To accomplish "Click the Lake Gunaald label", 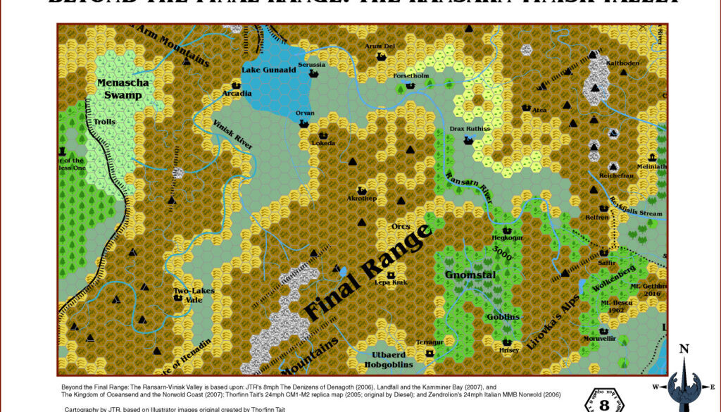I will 269,70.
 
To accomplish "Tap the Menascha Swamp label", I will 123,89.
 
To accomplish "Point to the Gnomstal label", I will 471,275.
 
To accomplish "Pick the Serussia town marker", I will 314,73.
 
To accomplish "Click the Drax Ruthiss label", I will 470,130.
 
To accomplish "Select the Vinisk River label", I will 232,132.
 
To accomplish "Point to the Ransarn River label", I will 470,188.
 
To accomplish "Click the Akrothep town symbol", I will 363,190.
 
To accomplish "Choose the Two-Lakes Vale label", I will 194,294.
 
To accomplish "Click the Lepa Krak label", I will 391,282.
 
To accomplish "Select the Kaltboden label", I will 622,63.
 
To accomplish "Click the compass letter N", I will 683,349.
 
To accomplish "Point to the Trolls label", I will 105,122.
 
